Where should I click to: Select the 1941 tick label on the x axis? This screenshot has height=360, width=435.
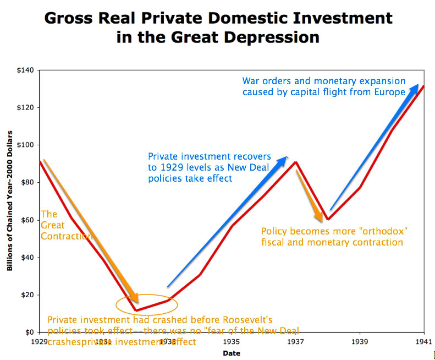[424, 342]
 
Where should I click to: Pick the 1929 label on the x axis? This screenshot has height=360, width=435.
[40, 342]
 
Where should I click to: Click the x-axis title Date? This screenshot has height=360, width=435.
[232, 353]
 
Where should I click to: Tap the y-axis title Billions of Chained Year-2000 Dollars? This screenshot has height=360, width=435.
[10, 201]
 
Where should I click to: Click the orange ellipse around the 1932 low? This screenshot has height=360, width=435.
[147, 304]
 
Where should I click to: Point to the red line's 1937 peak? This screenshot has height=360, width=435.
[296, 162]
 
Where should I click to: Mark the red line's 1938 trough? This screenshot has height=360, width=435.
[328, 219]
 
